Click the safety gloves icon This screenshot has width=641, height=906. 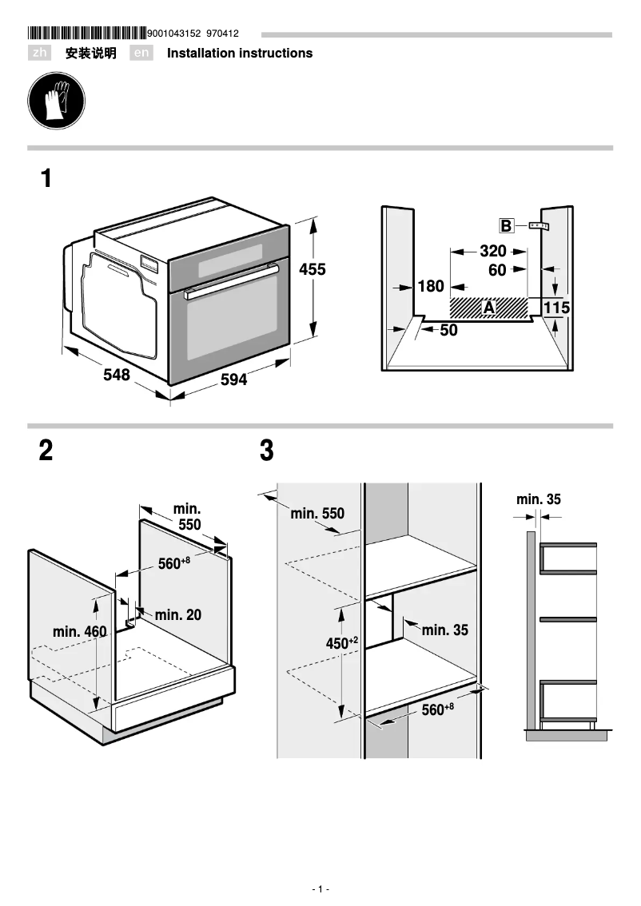click(x=56, y=101)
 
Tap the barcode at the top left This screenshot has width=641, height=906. click(x=87, y=34)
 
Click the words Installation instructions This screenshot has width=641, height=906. click(x=240, y=54)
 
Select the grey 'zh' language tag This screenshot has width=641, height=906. click(x=39, y=54)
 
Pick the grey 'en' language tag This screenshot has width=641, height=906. click(x=141, y=54)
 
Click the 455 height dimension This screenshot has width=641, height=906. click(x=313, y=270)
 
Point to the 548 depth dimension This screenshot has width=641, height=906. click(x=117, y=374)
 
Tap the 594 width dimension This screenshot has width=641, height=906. click(x=233, y=380)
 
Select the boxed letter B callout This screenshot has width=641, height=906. click(x=506, y=226)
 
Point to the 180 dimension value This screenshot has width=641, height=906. click(x=431, y=286)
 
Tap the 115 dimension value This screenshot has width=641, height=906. click(x=556, y=308)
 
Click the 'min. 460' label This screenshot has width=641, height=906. click(x=79, y=632)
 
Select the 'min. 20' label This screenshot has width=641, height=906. click(x=177, y=614)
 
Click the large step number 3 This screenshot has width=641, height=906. click(x=267, y=451)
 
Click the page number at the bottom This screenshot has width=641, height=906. click(x=320, y=889)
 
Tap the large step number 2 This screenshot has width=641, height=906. click(x=46, y=451)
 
